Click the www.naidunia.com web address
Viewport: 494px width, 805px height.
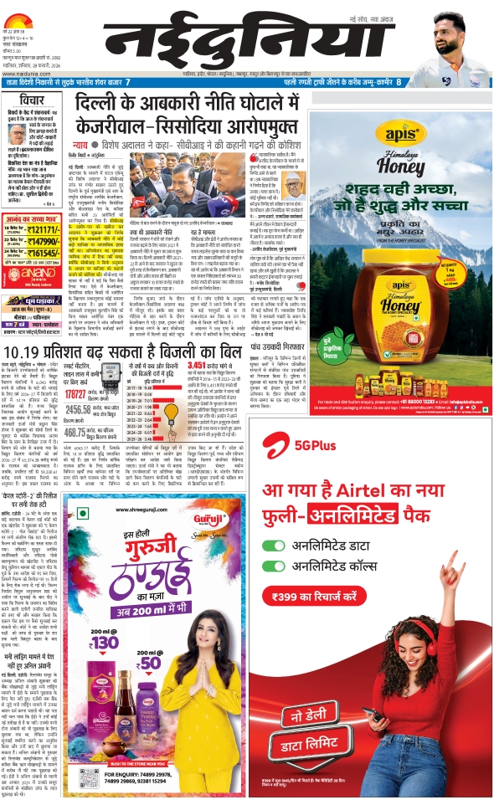point(22,74)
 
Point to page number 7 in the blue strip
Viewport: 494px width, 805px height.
point(127,82)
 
